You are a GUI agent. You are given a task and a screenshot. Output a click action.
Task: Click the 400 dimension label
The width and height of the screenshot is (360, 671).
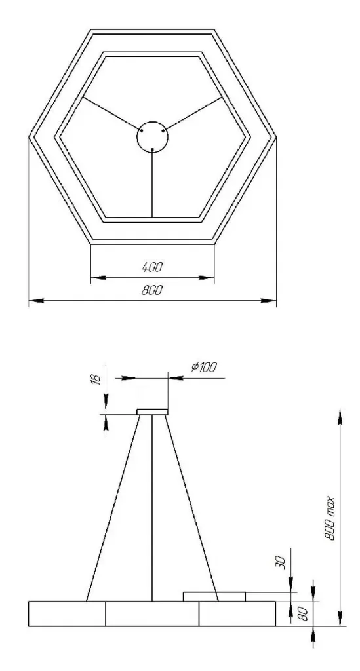(152, 267)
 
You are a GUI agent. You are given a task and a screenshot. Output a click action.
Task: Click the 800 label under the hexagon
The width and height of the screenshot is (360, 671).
(152, 290)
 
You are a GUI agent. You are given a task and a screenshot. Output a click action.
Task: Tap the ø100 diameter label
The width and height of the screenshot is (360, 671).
(204, 367)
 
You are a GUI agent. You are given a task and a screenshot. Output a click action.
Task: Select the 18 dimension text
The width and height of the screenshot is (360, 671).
(97, 379)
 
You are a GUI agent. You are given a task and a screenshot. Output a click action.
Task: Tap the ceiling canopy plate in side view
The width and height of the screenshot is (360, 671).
(152, 412)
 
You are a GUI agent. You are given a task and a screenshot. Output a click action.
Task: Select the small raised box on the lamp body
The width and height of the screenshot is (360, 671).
(214, 596)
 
